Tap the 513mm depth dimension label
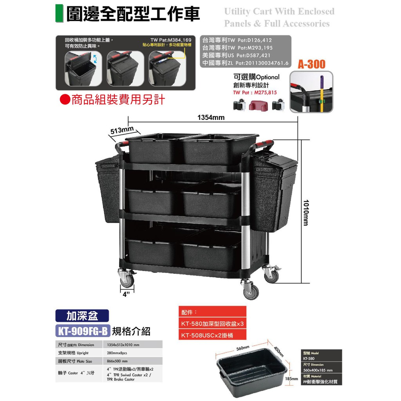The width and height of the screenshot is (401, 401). tap(121, 130)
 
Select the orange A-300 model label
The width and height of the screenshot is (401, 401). tap(312, 64)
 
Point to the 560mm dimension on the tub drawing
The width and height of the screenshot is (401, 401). tap(243, 348)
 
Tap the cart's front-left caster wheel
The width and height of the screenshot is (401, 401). tap(127, 280)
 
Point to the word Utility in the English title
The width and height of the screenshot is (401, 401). tap(238, 11)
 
